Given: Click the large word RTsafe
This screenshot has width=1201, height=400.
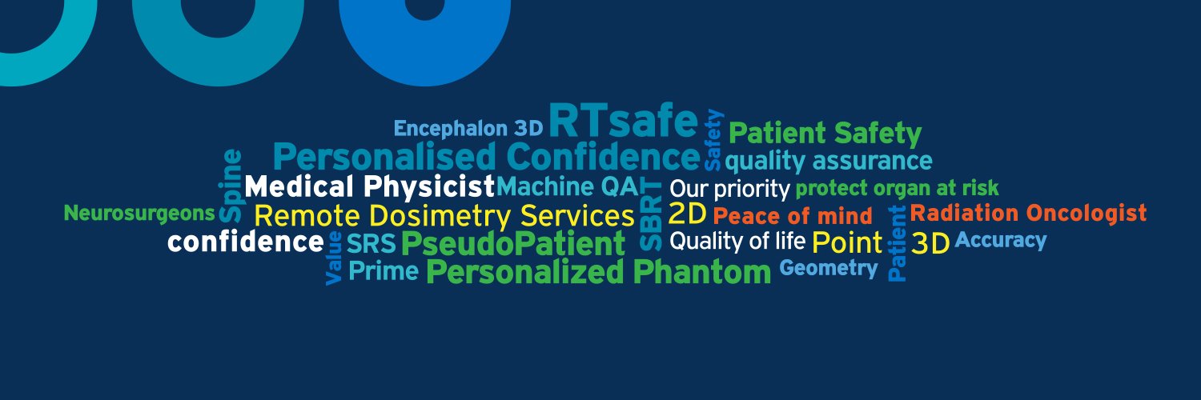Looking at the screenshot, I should pyautogui.click(x=623, y=122).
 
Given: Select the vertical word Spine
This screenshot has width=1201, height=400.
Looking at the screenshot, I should pyautogui.click(x=230, y=186).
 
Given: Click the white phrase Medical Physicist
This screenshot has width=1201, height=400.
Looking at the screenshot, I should pyautogui.click(x=370, y=187).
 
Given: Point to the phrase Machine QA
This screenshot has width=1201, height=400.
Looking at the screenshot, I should pyautogui.click(x=568, y=187).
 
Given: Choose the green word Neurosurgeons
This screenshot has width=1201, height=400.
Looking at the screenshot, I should pyautogui.click(x=139, y=214).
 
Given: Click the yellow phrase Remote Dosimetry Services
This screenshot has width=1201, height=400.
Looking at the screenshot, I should pyautogui.click(x=444, y=215).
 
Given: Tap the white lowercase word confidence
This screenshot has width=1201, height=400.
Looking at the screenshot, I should pyautogui.click(x=245, y=242).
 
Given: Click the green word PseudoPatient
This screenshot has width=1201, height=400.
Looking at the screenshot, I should pyautogui.click(x=512, y=244).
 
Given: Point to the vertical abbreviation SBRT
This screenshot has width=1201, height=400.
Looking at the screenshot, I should pyautogui.click(x=653, y=214).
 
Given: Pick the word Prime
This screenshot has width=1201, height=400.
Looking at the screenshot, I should pyautogui.click(x=384, y=271).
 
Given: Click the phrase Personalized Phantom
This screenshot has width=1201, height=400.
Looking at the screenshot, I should pyautogui.click(x=598, y=272).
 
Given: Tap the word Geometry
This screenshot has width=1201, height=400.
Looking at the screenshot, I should pyautogui.click(x=829, y=268).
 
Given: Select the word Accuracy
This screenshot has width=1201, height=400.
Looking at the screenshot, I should pyautogui.click(x=1001, y=239).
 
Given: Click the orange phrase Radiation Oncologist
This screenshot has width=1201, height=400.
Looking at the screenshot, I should pyautogui.click(x=1028, y=213).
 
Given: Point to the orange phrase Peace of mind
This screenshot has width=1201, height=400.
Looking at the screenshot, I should pyautogui.click(x=793, y=216).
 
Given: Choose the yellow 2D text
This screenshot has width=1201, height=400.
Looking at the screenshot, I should pyautogui.click(x=687, y=214).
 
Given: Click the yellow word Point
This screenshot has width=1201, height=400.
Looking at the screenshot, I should pyautogui.click(x=846, y=242).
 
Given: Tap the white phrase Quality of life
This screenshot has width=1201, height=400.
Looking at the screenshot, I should pyautogui.click(x=737, y=240).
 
